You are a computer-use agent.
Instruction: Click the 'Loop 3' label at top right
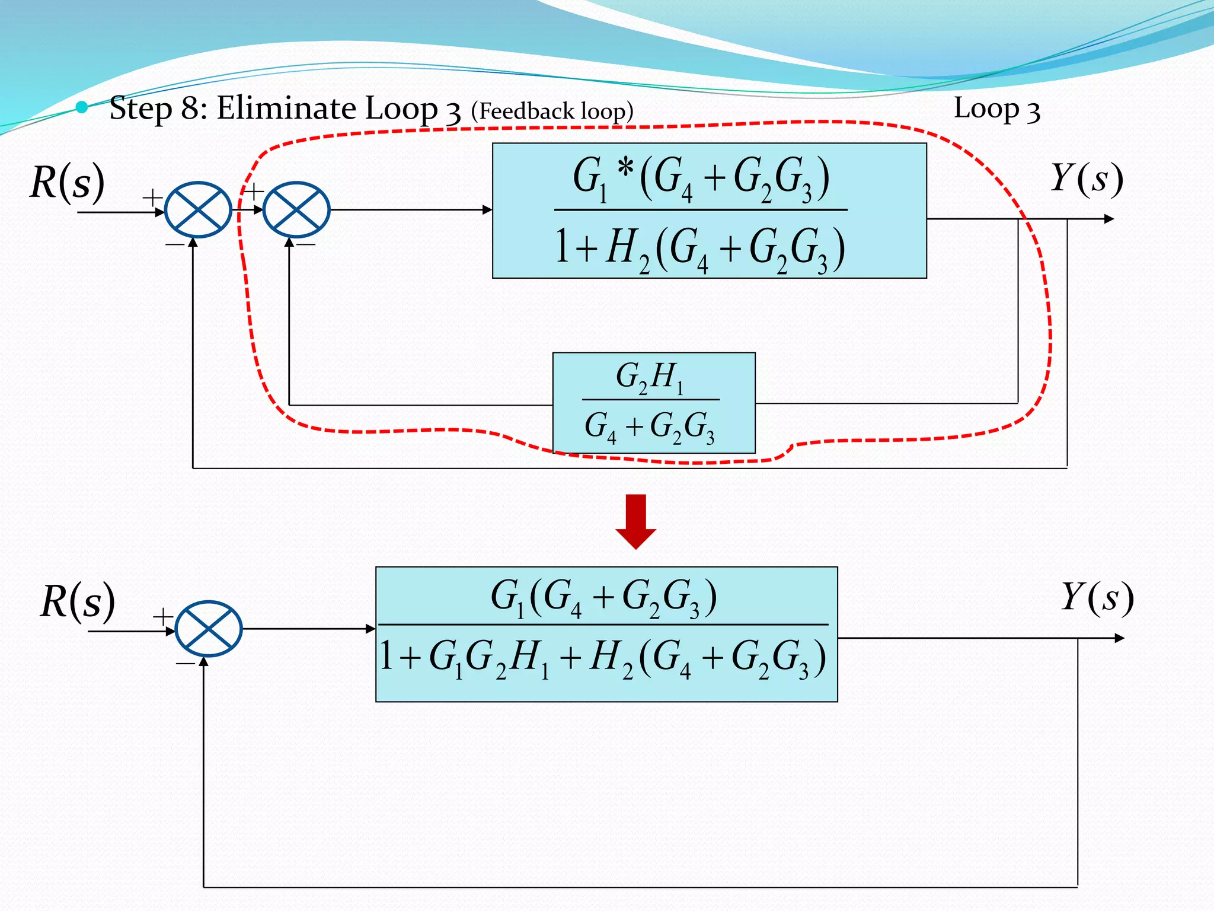(x=996, y=109)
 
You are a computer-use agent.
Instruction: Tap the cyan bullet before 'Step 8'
(x=82, y=107)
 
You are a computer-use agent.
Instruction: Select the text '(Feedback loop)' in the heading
(x=552, y=112)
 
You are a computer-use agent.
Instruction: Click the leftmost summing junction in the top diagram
(x=197, y=210)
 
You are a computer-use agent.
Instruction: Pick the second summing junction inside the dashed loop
(x=296, y=210)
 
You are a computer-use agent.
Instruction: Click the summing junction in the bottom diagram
(x=209, y=629)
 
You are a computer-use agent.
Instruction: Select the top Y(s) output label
(x=1086, y=179)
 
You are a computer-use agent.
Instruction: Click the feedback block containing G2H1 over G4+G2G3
(x=653, y=403)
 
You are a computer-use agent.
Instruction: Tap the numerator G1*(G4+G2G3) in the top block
(x=701, y=177)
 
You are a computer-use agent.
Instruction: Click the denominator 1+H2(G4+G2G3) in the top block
(x=701, y=249)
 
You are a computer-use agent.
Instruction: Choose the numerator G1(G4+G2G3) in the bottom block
(x=603, y=597)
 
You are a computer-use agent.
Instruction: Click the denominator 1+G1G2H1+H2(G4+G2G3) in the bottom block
(x=603, y=659)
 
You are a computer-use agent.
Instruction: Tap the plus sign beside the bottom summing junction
(x=162, y=617)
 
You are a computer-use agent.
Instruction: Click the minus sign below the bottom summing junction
(x=185, y=663)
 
